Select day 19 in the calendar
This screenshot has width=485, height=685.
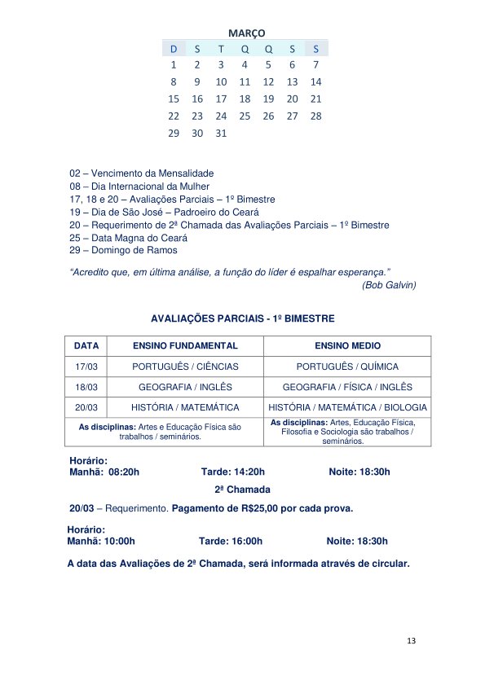point(268,99)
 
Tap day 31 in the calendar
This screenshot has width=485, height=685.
point(221,134)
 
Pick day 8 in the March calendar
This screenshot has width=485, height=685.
point(173,81)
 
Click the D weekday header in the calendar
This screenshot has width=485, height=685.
point(173,49)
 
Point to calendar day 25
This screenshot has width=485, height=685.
point(245,116)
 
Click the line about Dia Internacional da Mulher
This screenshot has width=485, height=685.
point(140,187)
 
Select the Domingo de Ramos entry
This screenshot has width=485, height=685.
point(123,250)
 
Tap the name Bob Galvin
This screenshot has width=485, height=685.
point(389,284)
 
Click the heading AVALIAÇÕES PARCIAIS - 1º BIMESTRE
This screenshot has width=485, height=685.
point(243,318)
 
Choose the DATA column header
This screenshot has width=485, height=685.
point(86,346)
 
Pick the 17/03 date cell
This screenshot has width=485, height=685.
point(86,367)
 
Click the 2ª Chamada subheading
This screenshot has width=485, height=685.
point(242,490)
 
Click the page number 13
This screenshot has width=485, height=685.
point(411,642)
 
